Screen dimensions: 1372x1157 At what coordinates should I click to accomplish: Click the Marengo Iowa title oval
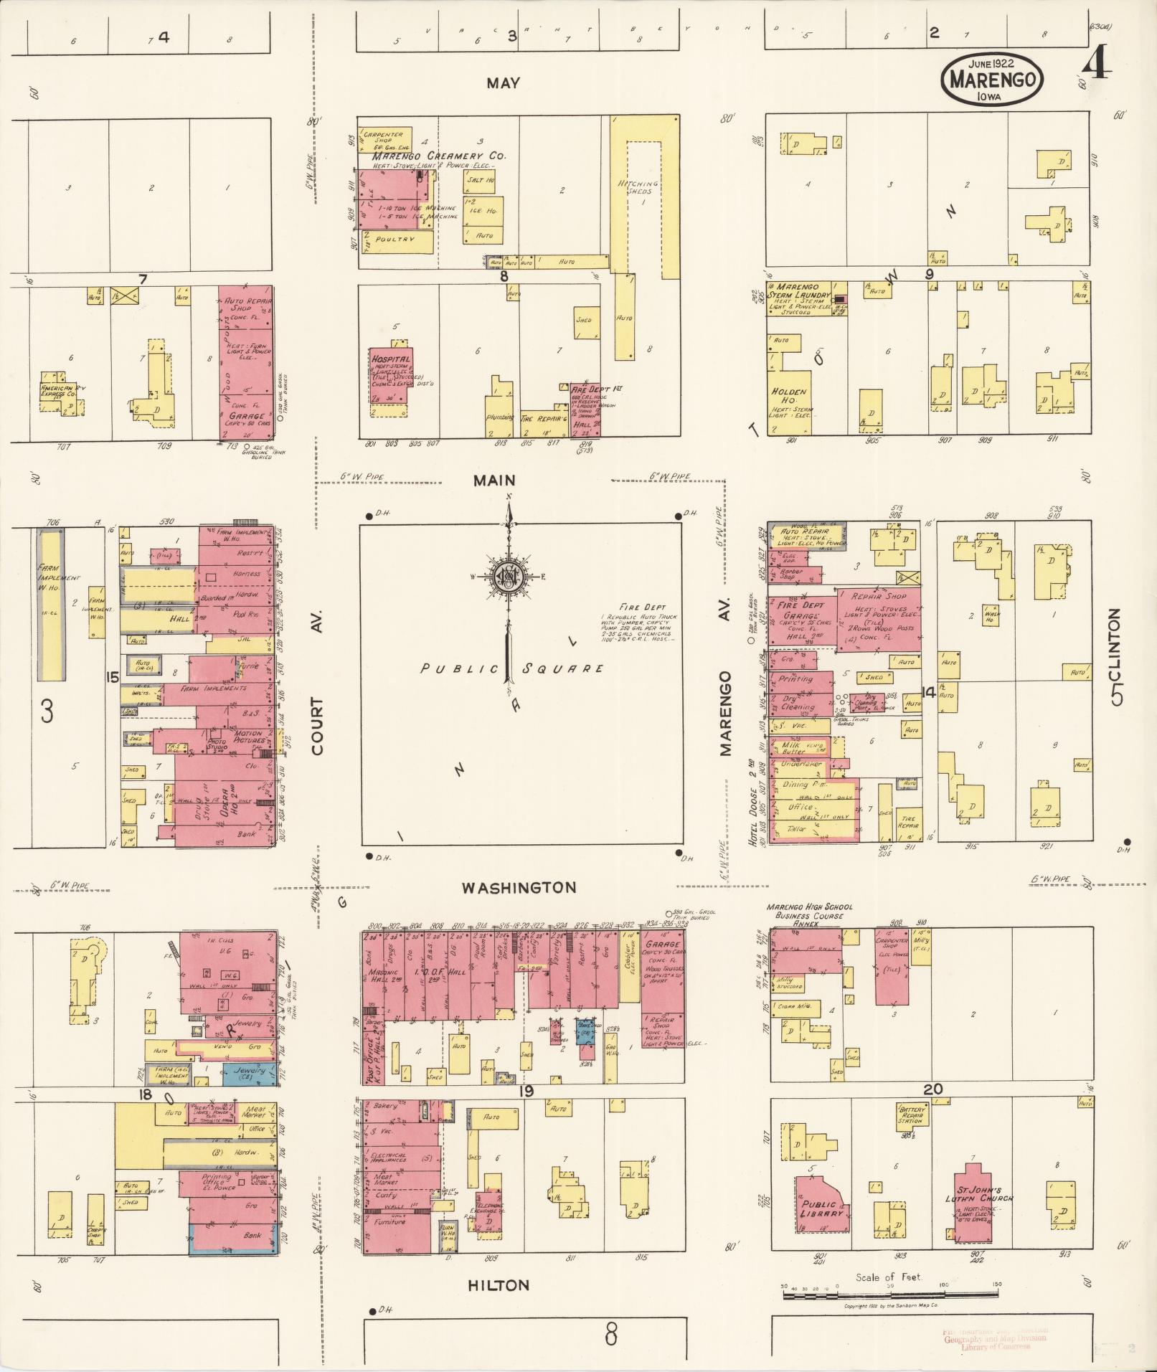click(x=993, y=79)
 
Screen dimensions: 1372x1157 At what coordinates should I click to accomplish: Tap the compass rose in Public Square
click(x=509, y=576)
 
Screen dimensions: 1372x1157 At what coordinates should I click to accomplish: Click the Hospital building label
click(x=391, y=359)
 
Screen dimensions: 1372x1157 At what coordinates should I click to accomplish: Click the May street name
click(x=503, y=83)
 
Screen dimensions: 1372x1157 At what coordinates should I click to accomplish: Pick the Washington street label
click(x=518, y=888)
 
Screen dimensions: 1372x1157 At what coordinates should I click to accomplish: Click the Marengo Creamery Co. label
click(x=438, y=156)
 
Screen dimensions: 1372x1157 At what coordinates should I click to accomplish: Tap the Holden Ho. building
click(x=789, y=396)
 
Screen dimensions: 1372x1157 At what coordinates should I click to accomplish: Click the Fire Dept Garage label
click(x=801, y=611)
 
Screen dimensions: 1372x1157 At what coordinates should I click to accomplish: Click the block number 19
click(x=526, y=1092)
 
